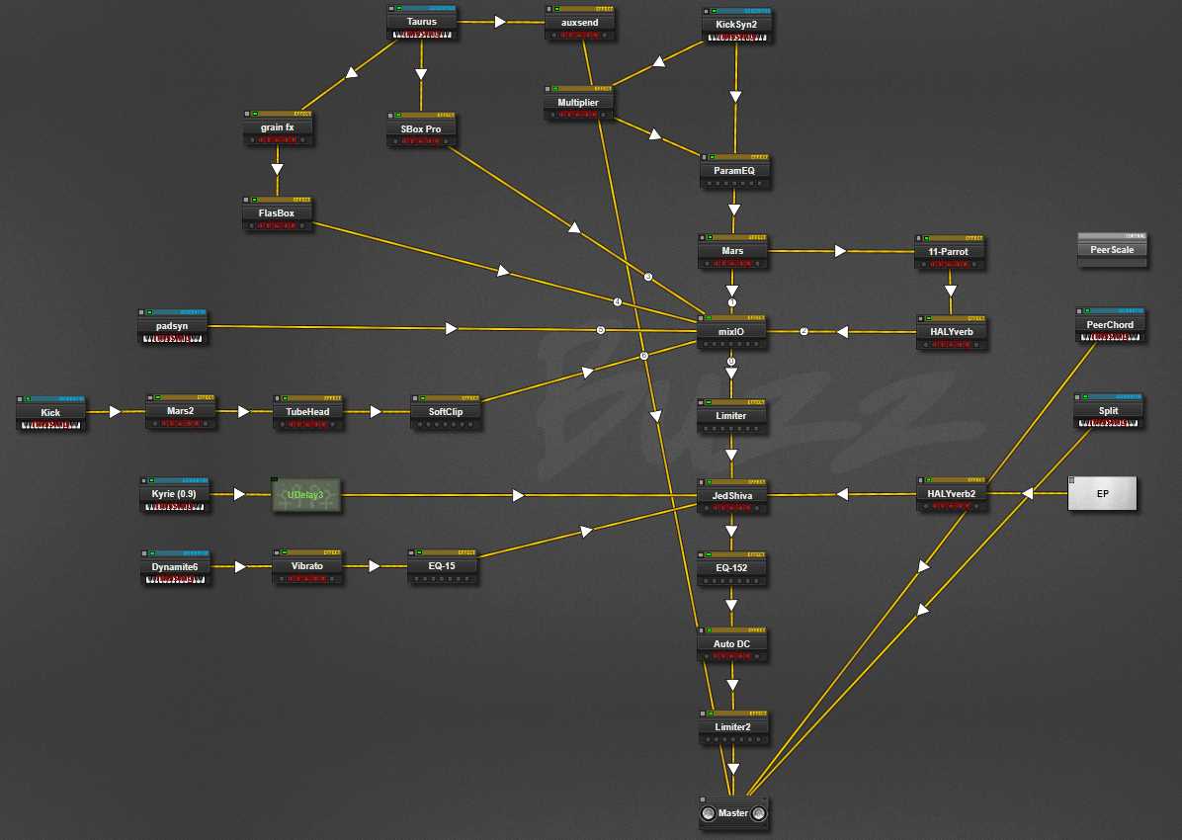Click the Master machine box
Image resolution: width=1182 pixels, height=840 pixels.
coord(732,813)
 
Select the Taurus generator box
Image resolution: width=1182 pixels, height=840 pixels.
coord(422,22)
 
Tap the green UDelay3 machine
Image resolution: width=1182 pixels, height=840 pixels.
coord(306,494)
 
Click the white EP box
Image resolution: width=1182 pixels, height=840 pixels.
coord(1102,493)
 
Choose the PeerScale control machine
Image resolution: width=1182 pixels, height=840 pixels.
coord(1113,250)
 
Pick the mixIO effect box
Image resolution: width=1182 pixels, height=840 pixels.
coord(732,332)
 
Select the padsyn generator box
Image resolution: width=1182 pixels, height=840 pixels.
coord(172,325)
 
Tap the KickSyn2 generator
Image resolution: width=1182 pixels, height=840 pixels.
coord(736,25)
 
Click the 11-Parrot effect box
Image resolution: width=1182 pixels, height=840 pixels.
coord(950,252)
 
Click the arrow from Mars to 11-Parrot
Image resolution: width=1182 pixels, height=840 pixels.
coord(841,251)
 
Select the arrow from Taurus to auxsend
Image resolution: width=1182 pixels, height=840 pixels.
coord(500,21)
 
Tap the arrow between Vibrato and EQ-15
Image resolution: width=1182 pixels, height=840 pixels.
coord(375,566)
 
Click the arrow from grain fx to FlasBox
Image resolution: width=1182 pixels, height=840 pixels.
coord(278,168)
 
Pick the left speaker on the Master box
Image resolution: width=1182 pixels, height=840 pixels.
coord(708,814)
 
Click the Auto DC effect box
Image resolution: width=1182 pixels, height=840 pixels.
coord(732,644)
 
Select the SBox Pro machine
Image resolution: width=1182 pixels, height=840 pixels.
coord(421,130)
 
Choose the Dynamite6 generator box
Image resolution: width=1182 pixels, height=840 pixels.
coord(175,566)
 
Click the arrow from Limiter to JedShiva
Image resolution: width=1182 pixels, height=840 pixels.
coord(732,456)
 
